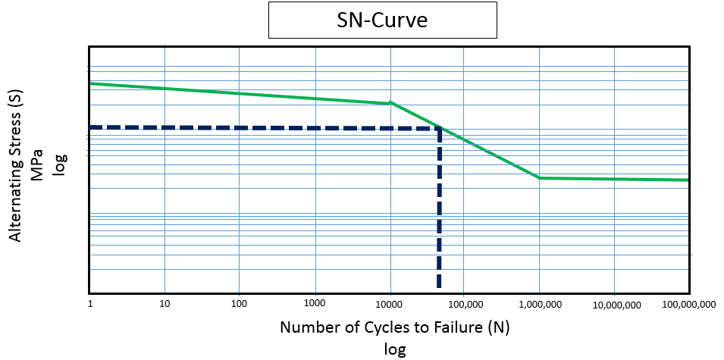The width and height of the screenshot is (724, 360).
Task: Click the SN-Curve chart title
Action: pos(382,20)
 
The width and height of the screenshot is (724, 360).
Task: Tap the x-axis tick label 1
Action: pos(90,304)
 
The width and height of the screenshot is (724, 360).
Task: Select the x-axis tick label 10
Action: pos(165,304)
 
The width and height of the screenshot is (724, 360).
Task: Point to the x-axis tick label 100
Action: pos(239,304)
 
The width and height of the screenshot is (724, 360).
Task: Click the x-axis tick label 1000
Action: pos(314,304)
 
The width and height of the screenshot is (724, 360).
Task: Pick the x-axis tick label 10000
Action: pos(389,304)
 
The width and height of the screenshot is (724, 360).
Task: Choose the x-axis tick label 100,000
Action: pos(464,304)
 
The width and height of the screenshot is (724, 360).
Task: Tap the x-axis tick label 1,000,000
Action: pos(539,304)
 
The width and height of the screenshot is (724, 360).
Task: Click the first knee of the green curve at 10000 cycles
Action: pos(390,102)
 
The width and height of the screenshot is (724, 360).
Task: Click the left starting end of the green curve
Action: pos(91,83)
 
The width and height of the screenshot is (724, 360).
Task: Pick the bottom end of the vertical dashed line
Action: pos(438,286)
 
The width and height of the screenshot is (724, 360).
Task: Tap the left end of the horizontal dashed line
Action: pos(92,127)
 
